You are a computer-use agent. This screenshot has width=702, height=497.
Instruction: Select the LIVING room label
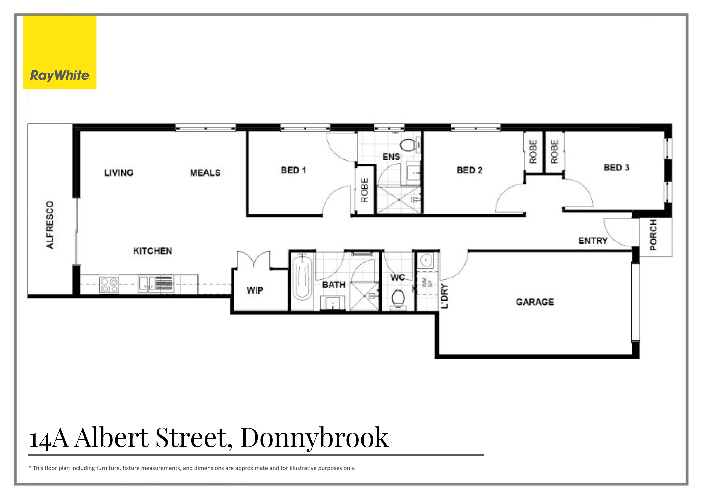point(119,173)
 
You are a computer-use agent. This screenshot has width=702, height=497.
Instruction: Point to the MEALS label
point(205,173)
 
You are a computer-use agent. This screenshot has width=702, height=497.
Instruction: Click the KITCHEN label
point(152,251)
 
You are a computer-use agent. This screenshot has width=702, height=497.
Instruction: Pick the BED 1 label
point(293,170)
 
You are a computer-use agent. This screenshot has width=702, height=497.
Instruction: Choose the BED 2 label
point(469,170)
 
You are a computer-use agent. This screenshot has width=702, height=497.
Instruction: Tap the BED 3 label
point(616,167)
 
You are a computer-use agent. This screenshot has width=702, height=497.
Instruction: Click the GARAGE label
point(535,302)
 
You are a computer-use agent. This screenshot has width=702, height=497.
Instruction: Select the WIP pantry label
point(255,290)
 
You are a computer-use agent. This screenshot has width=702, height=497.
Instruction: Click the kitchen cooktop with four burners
point(109,285)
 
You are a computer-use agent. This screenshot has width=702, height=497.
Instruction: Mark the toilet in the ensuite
point(407,145)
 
